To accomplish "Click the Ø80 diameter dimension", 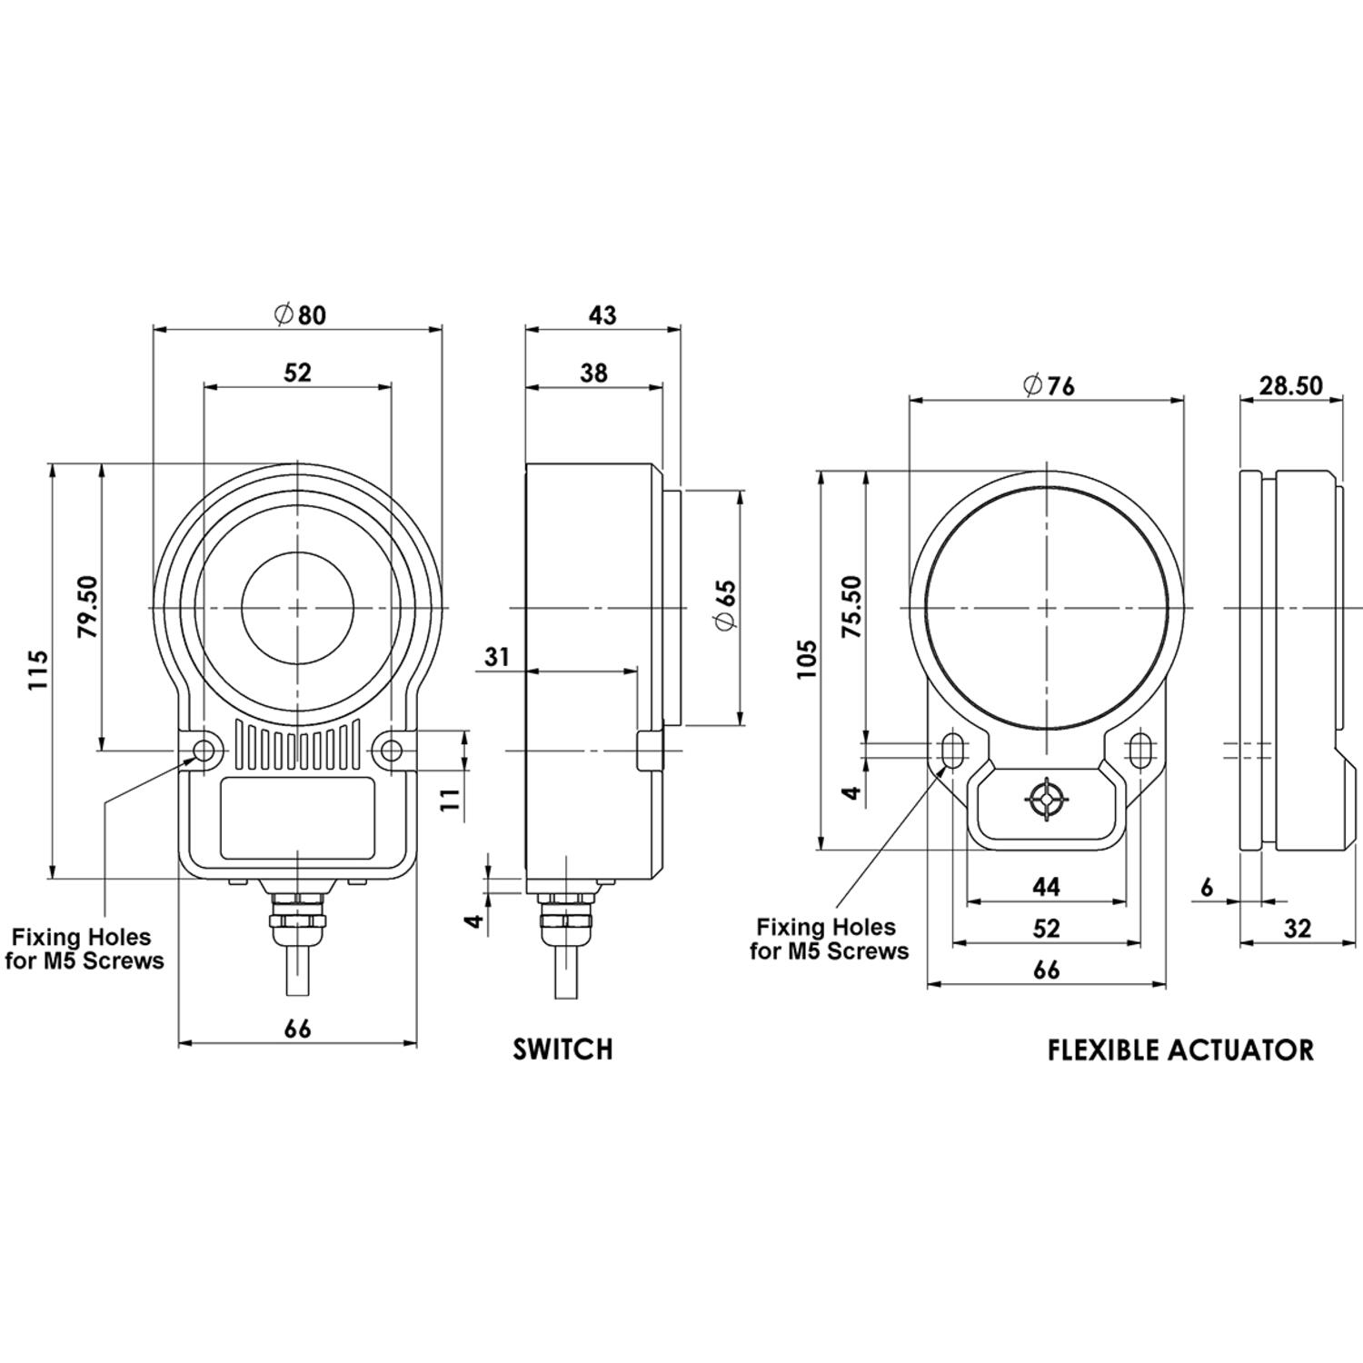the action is coord(299,314).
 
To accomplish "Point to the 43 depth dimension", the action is coord(602,314).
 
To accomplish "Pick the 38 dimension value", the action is coord(594,373).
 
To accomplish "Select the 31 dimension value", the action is coord(497,656).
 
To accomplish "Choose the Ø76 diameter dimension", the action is coord(1048,386).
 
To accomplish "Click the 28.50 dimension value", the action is coord(1290,385).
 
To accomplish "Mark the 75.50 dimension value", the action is coord(851,607).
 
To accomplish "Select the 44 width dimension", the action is coord(1047,886).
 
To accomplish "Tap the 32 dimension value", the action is coord(1298,929).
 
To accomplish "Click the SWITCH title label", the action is coord(563,1050).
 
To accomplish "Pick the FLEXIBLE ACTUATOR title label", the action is coord(1180,1050).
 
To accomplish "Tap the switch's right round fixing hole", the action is coord(392,751).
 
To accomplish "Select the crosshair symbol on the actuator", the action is coord(1047,801).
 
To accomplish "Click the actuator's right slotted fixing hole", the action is coord(1140,750).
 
